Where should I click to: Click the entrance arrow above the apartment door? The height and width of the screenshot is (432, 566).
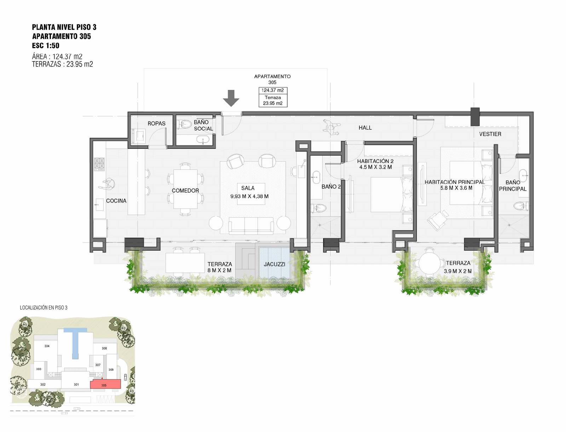point(231,98)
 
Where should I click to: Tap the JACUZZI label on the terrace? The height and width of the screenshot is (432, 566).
point(275,264)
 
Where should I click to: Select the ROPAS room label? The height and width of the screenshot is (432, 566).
point(156,124)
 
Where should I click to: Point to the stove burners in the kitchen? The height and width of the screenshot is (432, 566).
point(99,164)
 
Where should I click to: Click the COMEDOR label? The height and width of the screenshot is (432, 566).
point(185,191)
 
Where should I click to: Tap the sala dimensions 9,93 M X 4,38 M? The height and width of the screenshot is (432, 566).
point(249,196)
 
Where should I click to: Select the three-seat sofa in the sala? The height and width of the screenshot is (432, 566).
point(251,226)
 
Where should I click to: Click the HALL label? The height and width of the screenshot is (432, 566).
point(365,128)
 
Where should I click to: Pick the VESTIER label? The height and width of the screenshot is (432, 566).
point(490,134)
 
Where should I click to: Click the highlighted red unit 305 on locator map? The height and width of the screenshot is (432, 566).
point(105,384)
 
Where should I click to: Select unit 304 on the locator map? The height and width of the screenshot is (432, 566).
point(47,346)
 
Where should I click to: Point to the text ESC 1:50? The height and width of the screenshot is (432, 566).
point(46,46)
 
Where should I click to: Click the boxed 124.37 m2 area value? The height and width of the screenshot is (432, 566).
point(273,91)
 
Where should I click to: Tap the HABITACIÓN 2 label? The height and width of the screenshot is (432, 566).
point(375,161)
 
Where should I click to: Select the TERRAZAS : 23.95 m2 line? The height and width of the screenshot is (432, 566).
point(62,64)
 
